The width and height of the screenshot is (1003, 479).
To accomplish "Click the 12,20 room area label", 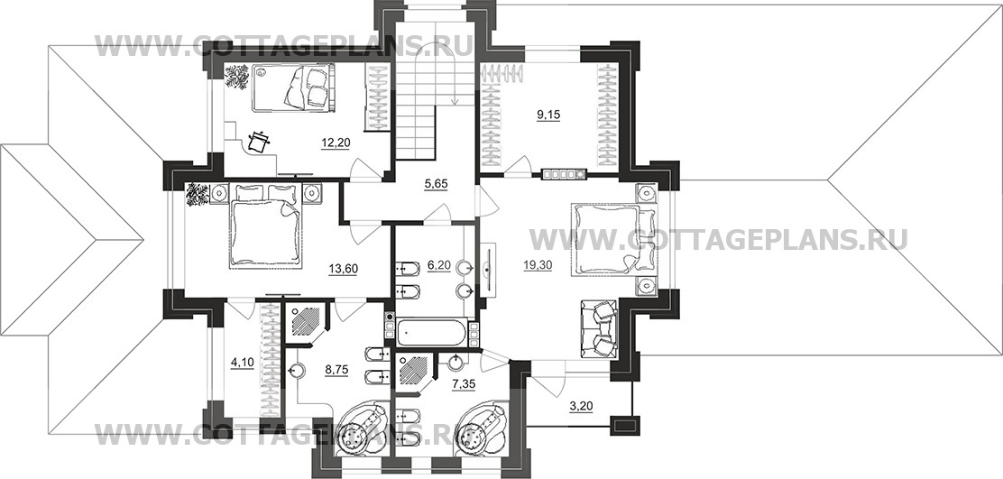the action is click(336, 143).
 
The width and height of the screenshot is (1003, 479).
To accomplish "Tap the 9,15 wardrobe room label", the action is click(548, 115).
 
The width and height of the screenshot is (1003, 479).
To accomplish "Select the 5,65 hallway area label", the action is click(436, 184).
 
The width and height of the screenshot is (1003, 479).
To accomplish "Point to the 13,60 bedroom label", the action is click(343, 269).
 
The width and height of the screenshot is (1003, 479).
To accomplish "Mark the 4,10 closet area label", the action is click(242, 364).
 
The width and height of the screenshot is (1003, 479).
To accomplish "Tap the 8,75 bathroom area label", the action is click(336, 371).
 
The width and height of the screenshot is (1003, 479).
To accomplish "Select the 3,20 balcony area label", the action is click(581, 405).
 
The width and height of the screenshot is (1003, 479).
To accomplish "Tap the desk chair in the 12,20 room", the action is click(258, 142).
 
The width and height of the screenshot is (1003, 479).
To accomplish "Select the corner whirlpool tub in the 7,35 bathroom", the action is click(483, 429).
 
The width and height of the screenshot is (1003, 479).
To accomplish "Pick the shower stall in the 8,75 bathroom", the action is click(306, 322).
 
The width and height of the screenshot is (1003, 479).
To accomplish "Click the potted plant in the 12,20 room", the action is click(236, 77).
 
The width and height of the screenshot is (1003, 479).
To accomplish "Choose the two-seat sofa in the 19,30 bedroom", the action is click(598, 328).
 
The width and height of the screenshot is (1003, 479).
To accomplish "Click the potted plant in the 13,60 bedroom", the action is click(197, 195).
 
